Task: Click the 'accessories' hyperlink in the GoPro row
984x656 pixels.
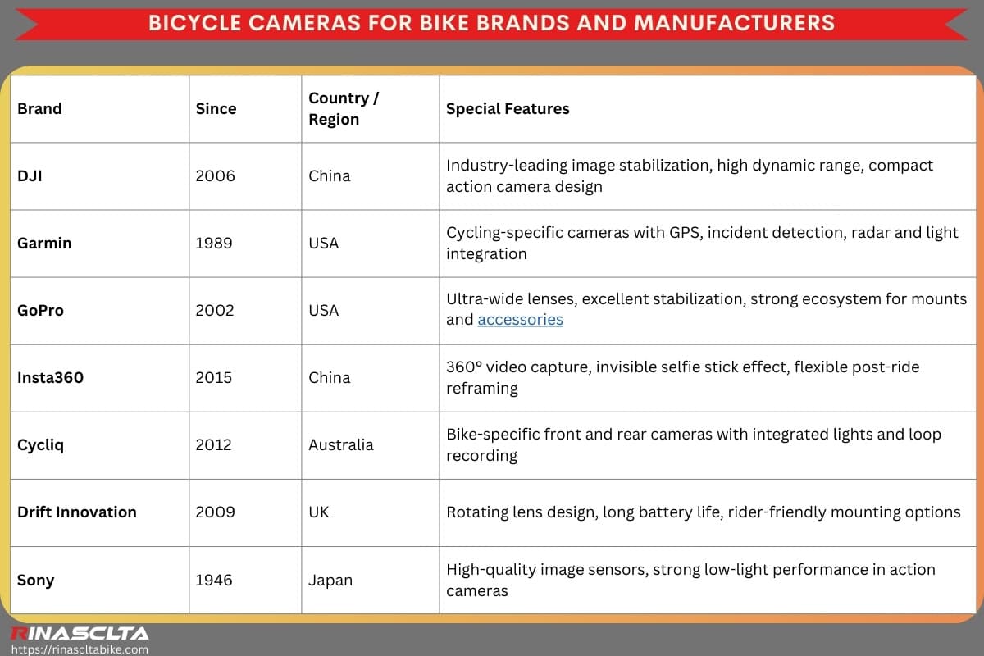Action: tap(520, 320)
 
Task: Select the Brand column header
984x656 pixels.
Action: tap(39, 108)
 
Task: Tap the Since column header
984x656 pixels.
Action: tap(216, 108)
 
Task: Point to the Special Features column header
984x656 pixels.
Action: tap(508, 108)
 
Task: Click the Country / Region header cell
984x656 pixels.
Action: tap(344, 108)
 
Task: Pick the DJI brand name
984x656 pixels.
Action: tap(29, 175)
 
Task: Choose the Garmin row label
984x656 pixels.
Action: tap(44, 243)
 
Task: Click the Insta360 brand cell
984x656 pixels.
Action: tap(50, 377)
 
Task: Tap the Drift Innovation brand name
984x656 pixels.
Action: tap(77, 512)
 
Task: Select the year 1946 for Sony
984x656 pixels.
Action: tap(214, 580)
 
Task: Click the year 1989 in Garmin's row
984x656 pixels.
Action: tap(214, 243)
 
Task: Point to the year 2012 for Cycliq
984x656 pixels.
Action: tap(214, 444)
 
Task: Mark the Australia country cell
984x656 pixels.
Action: tap(340, 444)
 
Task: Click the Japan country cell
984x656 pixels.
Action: tap(330, 580)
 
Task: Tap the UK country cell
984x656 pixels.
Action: tap(319, 512)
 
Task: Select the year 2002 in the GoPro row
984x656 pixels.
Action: tap(214, 310)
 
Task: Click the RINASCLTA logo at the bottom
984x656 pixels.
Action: tap(79, 633)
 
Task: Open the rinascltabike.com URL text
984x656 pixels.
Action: tap(79, 649)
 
